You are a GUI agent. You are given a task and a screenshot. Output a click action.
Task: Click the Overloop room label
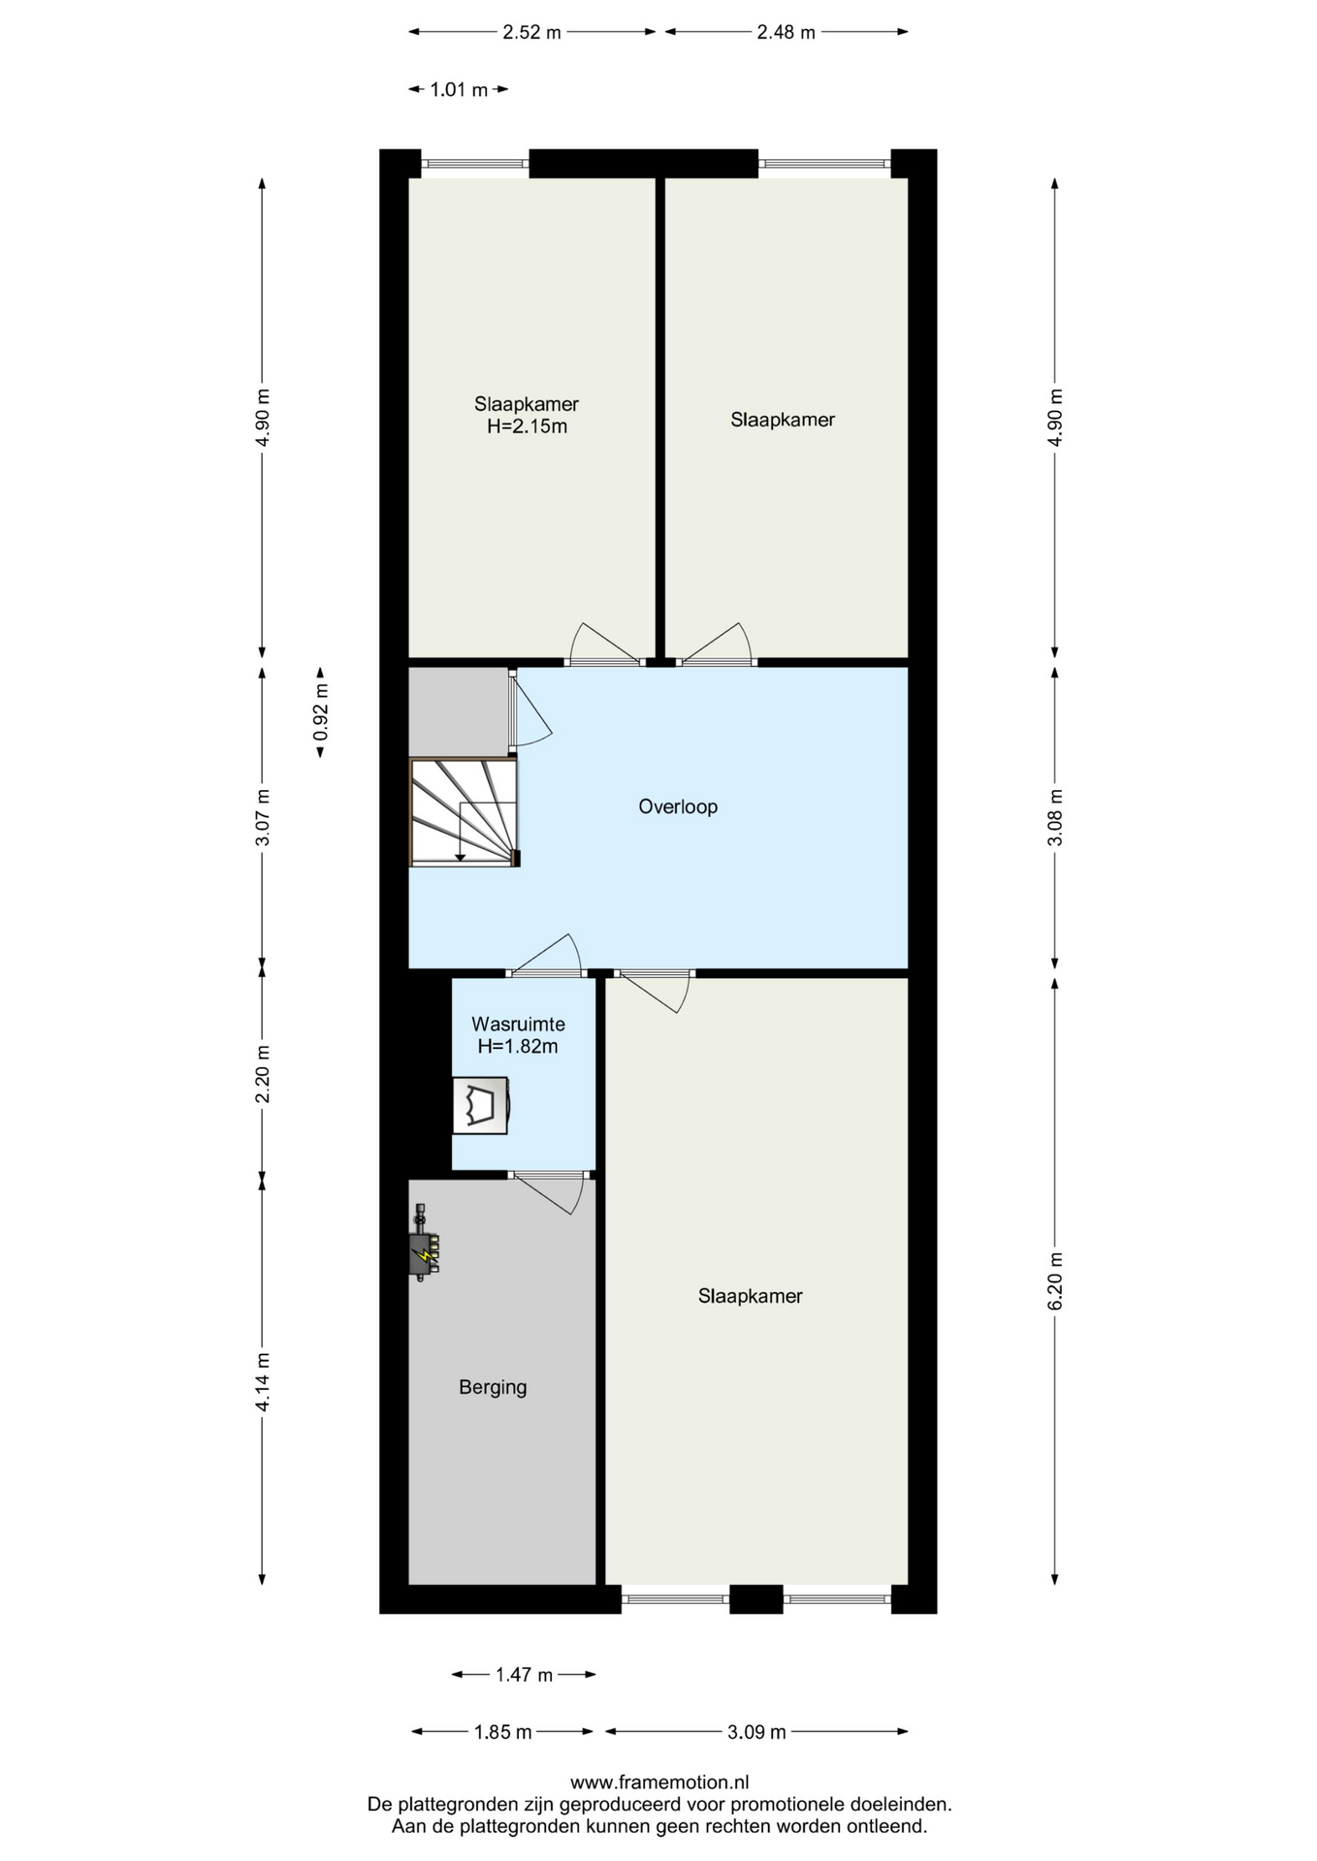[x=678, y=806]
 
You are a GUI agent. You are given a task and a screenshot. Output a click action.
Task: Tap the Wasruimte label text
[x=518, y=1024]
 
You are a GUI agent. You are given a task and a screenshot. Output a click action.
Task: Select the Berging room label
[x=493, y=1387]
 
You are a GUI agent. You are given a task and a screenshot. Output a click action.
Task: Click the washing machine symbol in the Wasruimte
[x=482, y=1104]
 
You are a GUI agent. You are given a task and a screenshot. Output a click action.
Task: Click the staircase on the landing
[x=465, y=812]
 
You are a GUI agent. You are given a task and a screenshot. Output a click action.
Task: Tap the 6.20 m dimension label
[x=1055, y=1281]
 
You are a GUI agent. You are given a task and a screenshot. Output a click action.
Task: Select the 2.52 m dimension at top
[x=531, y=32]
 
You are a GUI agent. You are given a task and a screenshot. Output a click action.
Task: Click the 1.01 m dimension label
[x=459, y=90]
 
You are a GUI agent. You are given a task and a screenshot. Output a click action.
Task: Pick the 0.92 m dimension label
[x=321, y=712]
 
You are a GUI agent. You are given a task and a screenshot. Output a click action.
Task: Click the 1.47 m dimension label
[x=524, y=1675]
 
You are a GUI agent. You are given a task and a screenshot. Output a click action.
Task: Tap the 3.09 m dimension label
[x=756, y=1732]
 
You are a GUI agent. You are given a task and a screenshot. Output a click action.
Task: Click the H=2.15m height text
[x=527, y=426]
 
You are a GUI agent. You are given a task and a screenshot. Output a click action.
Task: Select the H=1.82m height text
[x=518, y=1047]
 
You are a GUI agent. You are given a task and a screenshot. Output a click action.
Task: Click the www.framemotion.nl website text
[x=659, y=1782]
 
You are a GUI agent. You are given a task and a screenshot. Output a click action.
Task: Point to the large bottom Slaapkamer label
[x=751, y=1296]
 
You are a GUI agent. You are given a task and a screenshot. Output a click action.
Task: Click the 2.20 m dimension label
[x=262, y=1074]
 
